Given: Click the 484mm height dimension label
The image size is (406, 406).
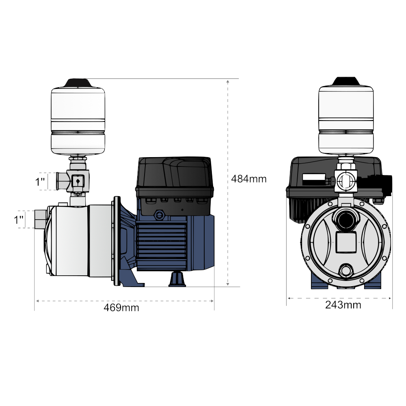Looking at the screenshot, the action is click(248, 179).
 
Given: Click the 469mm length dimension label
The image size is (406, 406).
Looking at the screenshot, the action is click(121, 308).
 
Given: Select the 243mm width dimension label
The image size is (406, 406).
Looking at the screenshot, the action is click(343, 305).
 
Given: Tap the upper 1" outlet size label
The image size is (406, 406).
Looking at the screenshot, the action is click(40, 182).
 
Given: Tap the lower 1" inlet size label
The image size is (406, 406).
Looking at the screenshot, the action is click(18, 220).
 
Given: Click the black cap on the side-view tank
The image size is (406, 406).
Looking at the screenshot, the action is click(78, 83).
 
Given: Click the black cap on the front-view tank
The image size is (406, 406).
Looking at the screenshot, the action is click(346, 81).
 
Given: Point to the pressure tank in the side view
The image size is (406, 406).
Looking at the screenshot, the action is click(78, 121).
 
